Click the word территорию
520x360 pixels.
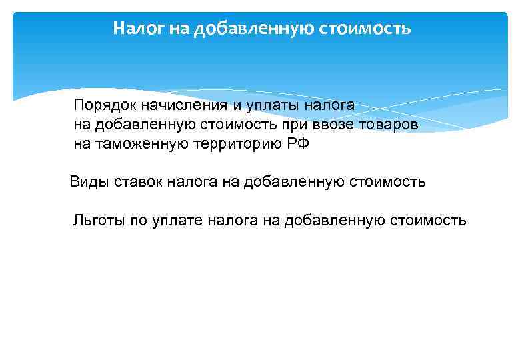232,143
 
